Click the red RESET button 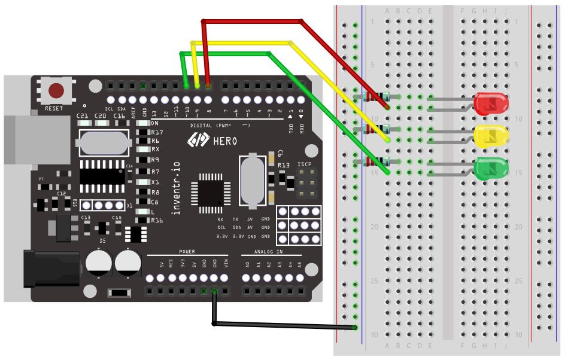click(x=56, y=91)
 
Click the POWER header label click(x=187, y=252)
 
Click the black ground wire click(x=281, y=325)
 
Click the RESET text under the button click(x=54, y=109)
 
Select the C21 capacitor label click(x=83, y=115)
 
